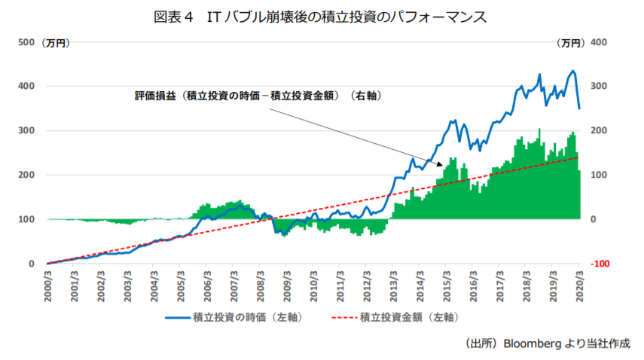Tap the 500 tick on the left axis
(26, 42)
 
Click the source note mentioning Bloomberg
(548, 343)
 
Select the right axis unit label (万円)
(570, 42)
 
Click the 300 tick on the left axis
(26, 131)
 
